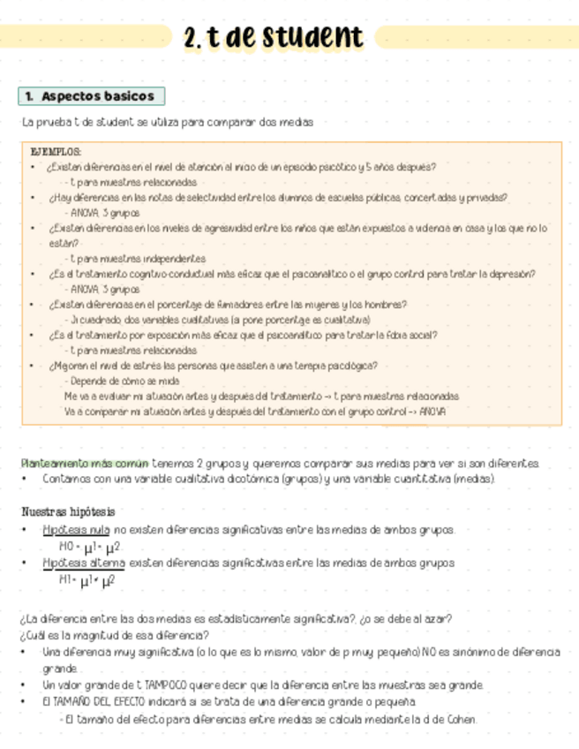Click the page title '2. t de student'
274,38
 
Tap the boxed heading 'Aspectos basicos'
91,95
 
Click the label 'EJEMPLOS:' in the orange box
56,152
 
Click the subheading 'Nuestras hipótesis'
68,511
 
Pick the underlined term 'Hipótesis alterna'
84,563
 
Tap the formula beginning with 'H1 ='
86,580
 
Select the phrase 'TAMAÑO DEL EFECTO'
94,701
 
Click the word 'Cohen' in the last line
460,719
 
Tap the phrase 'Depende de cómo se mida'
122,381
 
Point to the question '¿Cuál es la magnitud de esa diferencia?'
114,635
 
